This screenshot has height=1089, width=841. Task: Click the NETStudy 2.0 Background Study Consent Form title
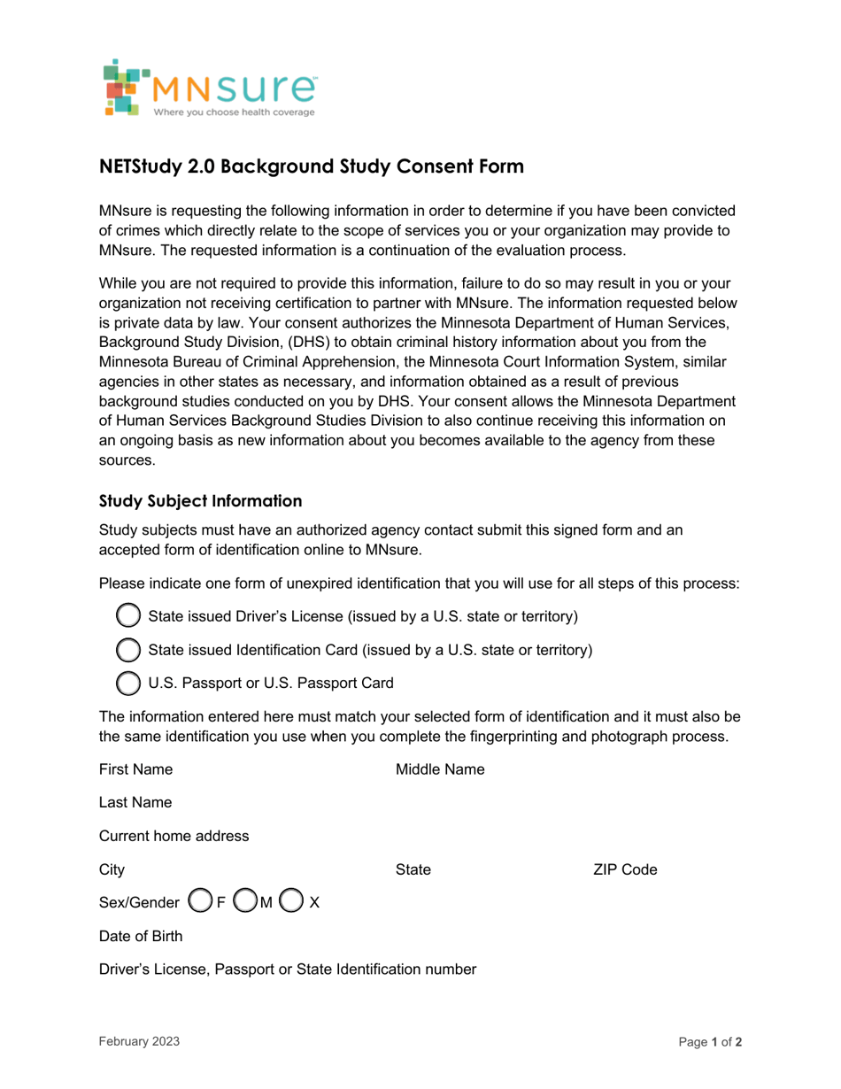tap(312, 166)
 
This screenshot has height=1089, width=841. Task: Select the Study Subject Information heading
tap(200, 501)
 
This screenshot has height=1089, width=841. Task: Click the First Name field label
tap(135, 769)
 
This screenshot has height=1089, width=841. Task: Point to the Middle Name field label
tap(440, 769)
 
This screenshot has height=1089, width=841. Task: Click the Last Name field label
tap(135, 802)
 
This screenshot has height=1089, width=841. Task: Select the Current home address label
tap(174, 836)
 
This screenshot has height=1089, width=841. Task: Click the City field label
tap(112, 869)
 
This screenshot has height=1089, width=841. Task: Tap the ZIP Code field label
tap(625, 869)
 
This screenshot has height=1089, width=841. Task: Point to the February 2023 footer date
tap(139, 1042)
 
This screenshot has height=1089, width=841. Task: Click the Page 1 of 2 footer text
tap(710, 1042)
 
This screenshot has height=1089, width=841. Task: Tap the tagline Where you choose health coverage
tap(234, 113)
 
